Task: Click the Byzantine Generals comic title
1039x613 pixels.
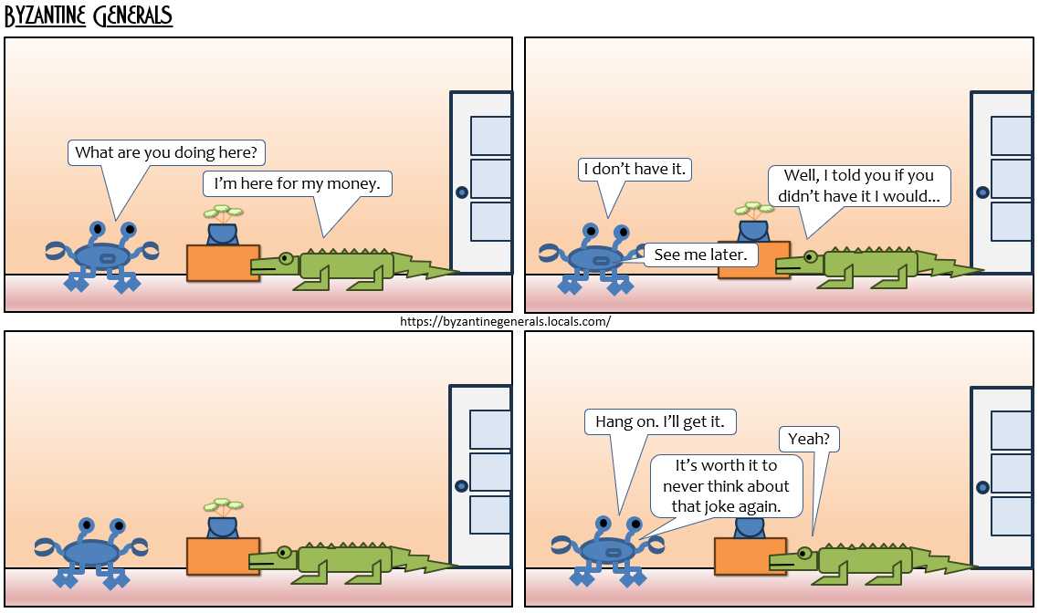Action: (89, 15)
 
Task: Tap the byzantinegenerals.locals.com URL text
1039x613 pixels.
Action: (505, 322)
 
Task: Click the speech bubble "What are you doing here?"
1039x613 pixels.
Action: (165, 152)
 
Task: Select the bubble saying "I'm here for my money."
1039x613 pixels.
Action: (297, 183)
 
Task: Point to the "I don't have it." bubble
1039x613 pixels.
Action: (635, 169)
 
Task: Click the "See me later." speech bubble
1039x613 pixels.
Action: (700, 255)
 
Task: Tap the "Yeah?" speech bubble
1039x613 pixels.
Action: (808, 438)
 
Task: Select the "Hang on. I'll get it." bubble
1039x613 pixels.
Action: (660, 421)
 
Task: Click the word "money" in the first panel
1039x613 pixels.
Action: (352, 184)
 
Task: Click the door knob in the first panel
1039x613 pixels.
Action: (462, 192)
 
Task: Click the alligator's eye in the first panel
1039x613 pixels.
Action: (287, 257)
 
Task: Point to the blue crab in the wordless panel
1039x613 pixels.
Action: (91, 552)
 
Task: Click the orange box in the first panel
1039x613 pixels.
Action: (223, 263)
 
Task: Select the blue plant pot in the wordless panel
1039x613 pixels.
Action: (223, 527)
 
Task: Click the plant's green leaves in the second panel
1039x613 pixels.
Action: (754, 209)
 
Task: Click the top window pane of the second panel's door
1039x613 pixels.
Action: (1012, 136)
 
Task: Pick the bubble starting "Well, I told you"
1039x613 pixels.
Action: (859, 185)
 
